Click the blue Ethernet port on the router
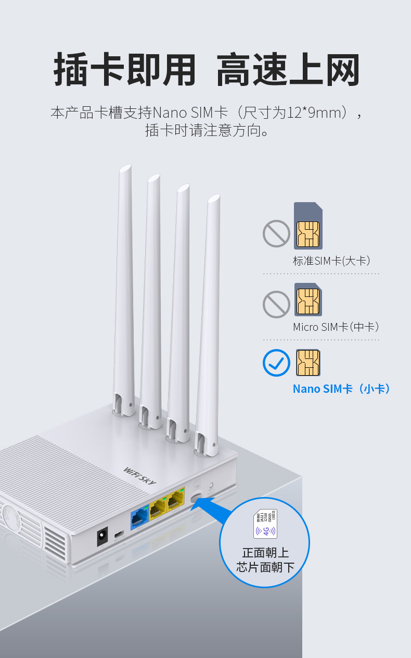point(139,517)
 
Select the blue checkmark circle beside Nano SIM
point(276,363)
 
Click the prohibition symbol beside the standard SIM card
point(276,233)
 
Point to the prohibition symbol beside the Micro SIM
point(276,304)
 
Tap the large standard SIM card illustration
point(308,226)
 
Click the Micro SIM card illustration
point(308,300)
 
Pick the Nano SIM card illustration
point(308,363)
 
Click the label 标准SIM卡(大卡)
point(331,261)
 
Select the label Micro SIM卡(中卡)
point(336,327)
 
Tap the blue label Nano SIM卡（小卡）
point(341,389)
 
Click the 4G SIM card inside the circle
point(265,524)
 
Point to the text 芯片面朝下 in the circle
point(265,567)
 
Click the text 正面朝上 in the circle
point(265,553)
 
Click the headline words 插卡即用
point(125,70)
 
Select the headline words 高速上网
point(288,70)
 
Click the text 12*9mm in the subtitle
point(317,112)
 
